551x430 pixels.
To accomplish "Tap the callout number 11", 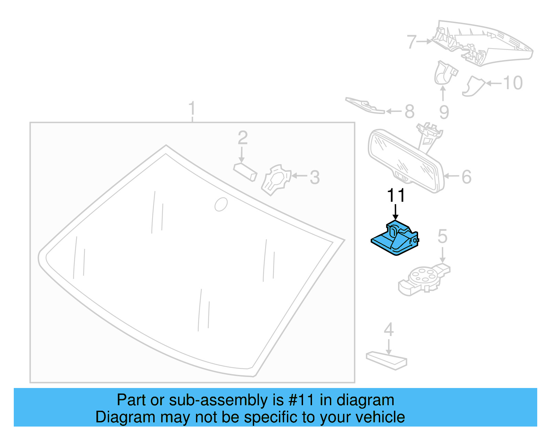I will coord(396,195).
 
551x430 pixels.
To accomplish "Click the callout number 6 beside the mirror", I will coord(466,177).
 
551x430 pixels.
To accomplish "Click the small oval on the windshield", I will coord(221,204).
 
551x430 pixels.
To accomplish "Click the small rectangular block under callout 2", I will coord(245,172).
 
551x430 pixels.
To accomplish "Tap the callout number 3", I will coord(315,178).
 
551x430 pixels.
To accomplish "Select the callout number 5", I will coord(443,237).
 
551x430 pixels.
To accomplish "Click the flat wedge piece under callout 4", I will coord(386,360).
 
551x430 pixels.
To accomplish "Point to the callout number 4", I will coord(389,330).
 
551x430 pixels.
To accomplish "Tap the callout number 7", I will coord(412,42).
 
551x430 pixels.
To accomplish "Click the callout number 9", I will coord(444,112).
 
